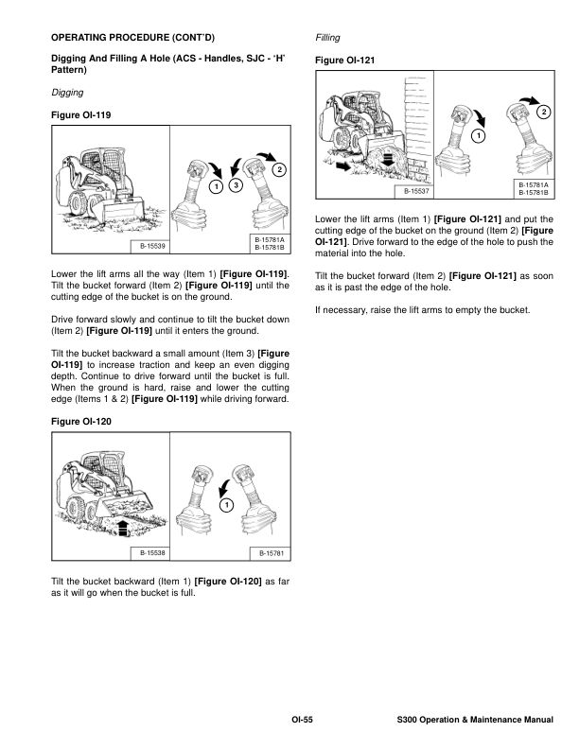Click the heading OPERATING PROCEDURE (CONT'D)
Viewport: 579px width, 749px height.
(x=132, y=39)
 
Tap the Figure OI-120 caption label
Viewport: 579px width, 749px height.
(x=79, y=426)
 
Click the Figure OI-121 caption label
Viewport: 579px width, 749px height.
(x=344, y=61)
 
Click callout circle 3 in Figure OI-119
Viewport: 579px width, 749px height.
(x=237, y=185)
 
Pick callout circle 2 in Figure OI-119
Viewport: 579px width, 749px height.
(x=278, y=169)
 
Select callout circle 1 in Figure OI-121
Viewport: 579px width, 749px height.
(x=478, y=138)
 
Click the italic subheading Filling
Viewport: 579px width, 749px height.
(x=327, y=39)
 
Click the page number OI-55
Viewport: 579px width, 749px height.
(x=302, y=722)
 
